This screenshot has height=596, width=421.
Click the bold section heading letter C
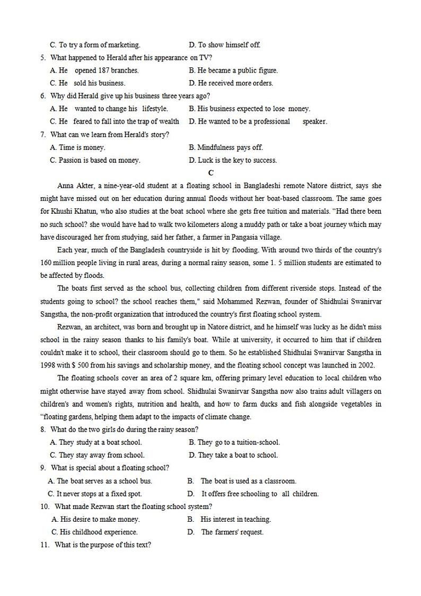pos(210,173)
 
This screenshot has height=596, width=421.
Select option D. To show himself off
pos(224,45)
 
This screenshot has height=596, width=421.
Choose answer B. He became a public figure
pos(233,71)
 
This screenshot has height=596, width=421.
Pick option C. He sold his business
pos(87,83)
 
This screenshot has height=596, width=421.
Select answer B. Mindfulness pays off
pos(225,147)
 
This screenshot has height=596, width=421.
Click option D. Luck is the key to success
pos(232,160)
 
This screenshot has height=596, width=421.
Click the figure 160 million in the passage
pos(58,262)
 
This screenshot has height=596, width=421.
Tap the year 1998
pos(49,365)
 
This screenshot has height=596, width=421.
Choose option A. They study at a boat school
pos(96,442)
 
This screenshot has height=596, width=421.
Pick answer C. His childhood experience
pos(94,532)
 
